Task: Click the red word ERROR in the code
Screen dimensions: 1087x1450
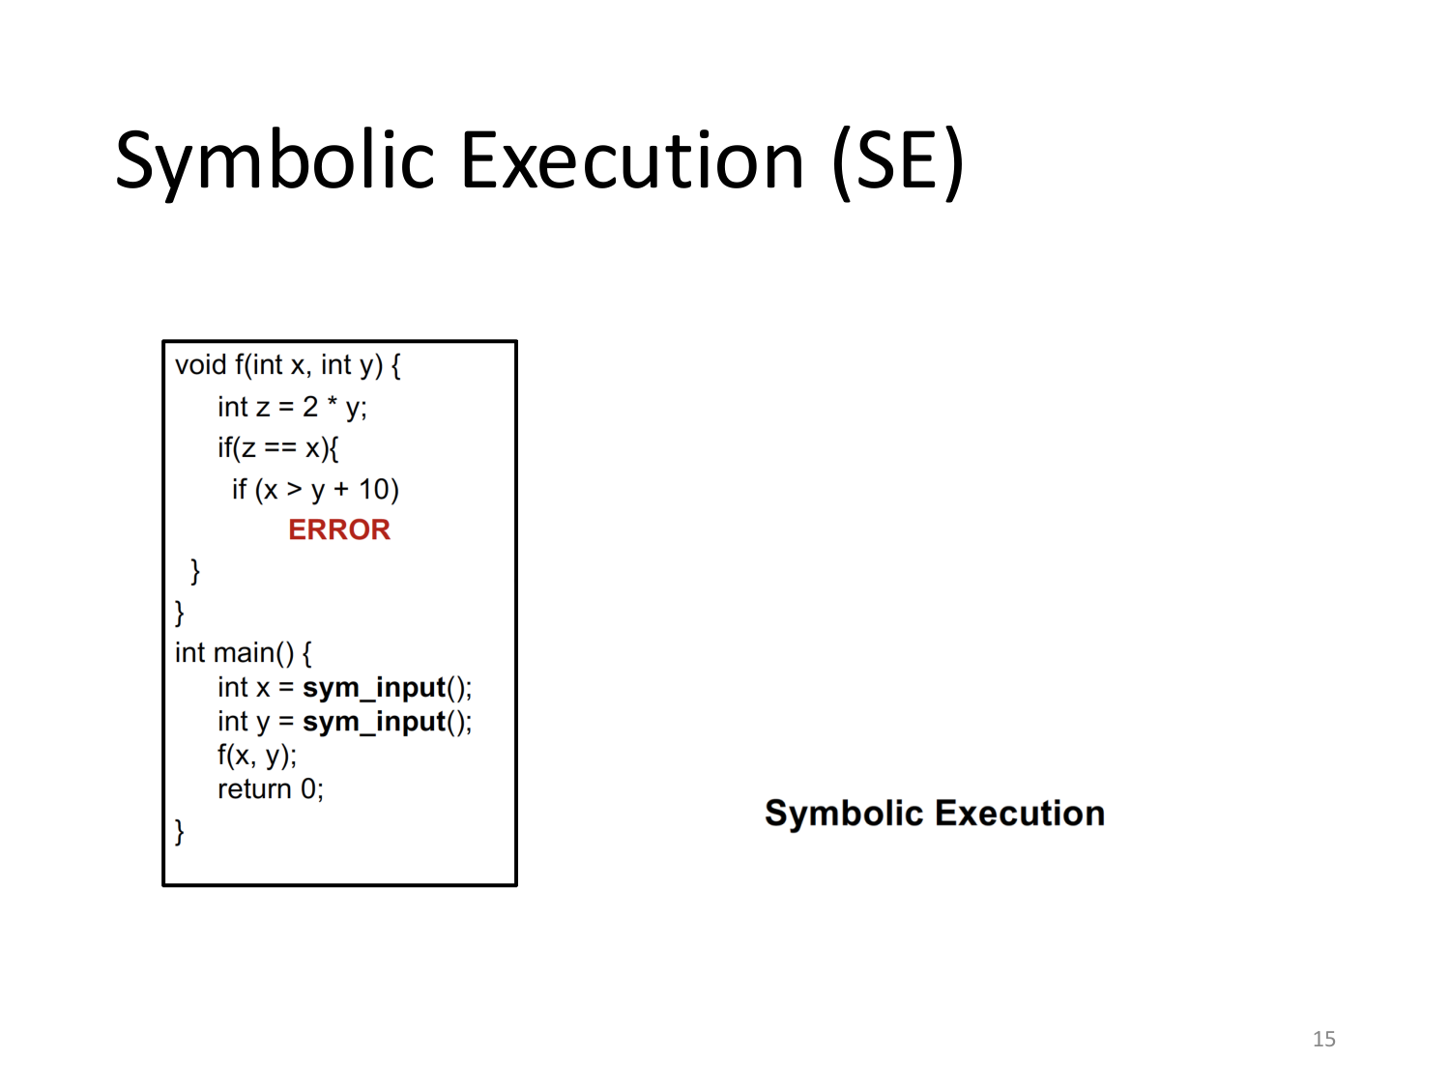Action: tap(338, 529)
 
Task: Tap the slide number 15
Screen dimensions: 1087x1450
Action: tap(1323, 1039)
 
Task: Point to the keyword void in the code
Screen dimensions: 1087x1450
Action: tap(200, 365)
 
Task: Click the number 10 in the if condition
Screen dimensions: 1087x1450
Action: tap(373, 490)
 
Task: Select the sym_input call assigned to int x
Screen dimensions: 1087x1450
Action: tap(374, 688)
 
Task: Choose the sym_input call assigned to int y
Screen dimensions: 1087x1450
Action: tap(374, 722)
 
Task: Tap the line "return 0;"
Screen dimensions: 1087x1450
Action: tap(270, 789)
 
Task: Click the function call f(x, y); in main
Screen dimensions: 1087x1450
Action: tap(256, 756)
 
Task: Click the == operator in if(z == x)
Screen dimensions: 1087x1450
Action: tap(280, 448)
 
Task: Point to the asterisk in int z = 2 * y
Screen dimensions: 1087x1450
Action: tap(332, 405)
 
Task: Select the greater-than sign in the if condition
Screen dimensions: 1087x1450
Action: tap(294, 490)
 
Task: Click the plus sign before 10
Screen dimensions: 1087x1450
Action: tap(341, 490)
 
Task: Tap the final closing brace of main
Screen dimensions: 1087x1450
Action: tap(179, 831)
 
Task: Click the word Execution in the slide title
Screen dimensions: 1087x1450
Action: tap(632, 161)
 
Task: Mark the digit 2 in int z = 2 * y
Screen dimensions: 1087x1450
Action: tap(309, 407)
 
